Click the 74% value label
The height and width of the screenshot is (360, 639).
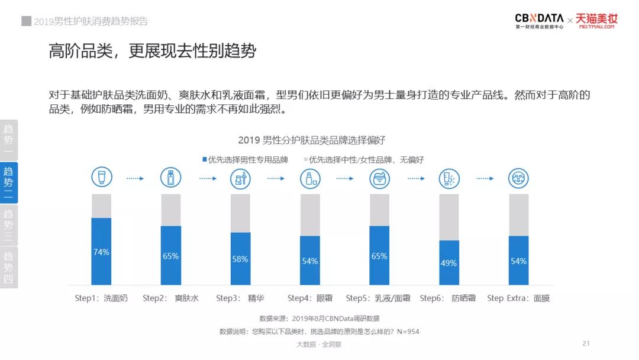[x=101, y=252]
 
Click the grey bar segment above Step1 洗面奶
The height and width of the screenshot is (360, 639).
[x=101, y=205]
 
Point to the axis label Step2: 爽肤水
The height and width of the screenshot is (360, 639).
[x=170, y=298]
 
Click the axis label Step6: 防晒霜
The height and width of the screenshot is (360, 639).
[x=448, y=298]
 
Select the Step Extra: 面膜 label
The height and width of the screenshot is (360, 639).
[x=518, y=298]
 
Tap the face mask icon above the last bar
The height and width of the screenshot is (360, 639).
[x=518, y=178]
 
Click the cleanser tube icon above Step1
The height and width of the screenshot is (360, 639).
[x=101, y=178]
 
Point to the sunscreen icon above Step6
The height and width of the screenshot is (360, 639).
[x=449, y=178]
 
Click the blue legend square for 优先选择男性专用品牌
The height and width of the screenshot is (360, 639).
[x=204, y=159]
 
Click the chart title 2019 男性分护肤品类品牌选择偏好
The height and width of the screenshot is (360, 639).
[x=312, y=140]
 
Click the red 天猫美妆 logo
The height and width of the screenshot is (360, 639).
[x=596, y=21]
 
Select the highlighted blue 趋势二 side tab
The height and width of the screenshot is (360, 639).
[x=8, y=183]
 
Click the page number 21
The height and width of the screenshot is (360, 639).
[x=586, y=343]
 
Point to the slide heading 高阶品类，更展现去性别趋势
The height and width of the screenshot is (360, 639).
[x=153, y=51]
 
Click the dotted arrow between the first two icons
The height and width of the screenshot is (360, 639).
[x=135, y=178]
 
